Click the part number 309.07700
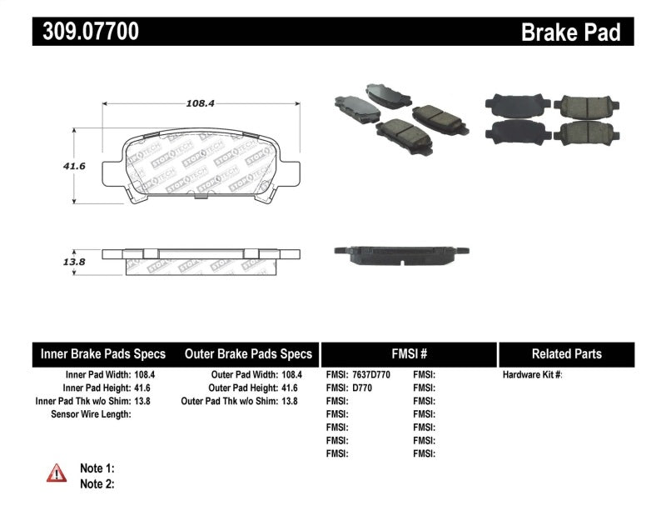[x=86, y=32]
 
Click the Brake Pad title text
[x=570, y=33]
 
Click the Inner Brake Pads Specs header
[x=103, y=353]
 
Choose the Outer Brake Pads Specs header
[x=248, y=353]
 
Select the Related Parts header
[x=566, y=353]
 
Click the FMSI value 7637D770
[x=372, y=375]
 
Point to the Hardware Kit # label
[x=532, y=375]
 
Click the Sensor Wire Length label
[x=91, y=414]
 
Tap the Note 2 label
[x=97, y=483]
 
